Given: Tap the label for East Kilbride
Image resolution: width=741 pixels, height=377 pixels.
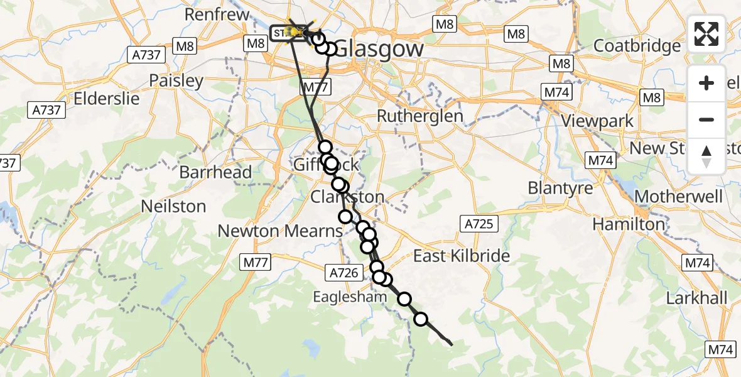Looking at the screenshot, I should (462, 256).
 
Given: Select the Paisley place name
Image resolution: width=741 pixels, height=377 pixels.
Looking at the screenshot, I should (176, 81).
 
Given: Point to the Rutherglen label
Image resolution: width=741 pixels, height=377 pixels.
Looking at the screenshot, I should (419, 116).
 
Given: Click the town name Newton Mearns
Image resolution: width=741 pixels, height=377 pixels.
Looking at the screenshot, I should (280, 231).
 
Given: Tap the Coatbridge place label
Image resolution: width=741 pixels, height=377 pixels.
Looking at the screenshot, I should (637, 46).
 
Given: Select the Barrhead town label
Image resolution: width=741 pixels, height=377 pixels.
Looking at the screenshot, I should (215, 172).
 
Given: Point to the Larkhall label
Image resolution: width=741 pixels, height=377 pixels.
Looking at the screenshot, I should (696, 298).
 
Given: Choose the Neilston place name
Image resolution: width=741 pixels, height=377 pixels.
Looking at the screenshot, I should (173, 206).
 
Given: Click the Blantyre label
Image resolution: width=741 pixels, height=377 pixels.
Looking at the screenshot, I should (560, 188).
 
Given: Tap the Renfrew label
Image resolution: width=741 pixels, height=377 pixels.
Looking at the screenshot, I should (214, 14).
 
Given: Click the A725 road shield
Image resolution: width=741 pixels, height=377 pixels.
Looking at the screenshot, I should (479, 224).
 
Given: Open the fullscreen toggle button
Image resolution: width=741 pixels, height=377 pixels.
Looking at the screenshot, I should (706, 34).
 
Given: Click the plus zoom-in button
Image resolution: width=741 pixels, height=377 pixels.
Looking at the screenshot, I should (706, 84).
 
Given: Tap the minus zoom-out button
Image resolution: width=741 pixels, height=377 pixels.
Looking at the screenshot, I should (706, 119).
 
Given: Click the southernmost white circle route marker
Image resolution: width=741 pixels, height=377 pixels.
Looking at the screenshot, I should (421, 320).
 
